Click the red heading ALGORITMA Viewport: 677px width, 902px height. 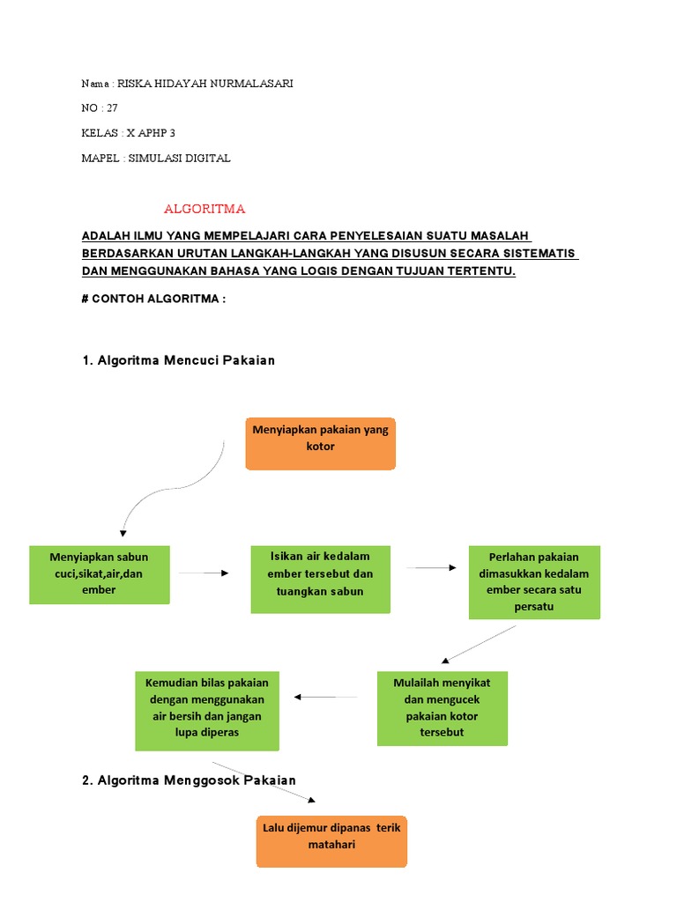205,209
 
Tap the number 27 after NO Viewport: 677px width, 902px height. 111,108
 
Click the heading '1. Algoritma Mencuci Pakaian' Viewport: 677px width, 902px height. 186,360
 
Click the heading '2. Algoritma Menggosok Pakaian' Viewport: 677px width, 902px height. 197,780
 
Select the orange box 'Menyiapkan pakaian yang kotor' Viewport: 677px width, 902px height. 321,443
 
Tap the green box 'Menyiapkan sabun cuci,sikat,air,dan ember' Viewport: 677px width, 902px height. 100,574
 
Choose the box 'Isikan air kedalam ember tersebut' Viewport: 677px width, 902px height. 320,579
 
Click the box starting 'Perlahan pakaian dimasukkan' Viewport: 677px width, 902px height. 534,582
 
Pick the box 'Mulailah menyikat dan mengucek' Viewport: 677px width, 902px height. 442,708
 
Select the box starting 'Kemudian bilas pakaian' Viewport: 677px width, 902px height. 207,711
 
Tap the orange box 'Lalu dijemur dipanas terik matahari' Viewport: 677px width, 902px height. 331,841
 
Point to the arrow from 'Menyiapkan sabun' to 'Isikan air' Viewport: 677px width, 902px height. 204,573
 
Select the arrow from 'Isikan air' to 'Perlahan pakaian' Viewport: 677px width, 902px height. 431,568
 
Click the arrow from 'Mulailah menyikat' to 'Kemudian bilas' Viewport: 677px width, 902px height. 326,697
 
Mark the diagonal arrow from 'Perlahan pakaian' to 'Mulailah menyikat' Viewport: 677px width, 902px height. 479,644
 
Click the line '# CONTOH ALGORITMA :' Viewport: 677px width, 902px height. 153,299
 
